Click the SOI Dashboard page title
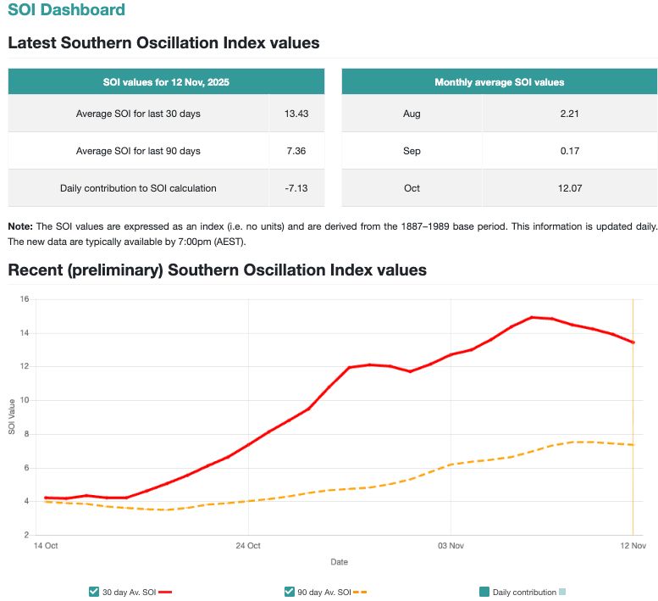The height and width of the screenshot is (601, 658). [x=66, y=11]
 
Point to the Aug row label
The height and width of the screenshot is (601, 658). [x=412, y=113]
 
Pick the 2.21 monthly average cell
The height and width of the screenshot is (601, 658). [x=569, y=113]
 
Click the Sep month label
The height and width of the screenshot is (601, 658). [x=412, y=151]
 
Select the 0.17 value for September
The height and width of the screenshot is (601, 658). [x=569, y=151]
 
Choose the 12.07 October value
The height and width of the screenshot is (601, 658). [x=569, y=188]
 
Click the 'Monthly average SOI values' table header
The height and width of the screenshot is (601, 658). [x=499, y=82]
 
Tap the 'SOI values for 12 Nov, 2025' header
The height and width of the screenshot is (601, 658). [x=166, y=82]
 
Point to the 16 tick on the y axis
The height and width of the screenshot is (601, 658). [x=25, y=299]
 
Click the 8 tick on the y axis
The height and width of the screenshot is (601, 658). [x=27, y=434]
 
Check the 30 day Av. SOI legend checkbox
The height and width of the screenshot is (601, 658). [x=93, y=592]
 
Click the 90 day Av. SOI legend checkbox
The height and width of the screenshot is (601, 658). [x=290, y=592]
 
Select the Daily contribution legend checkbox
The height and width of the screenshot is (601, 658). [x=484, y=592]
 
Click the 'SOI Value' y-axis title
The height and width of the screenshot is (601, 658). [x=12, y=417]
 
